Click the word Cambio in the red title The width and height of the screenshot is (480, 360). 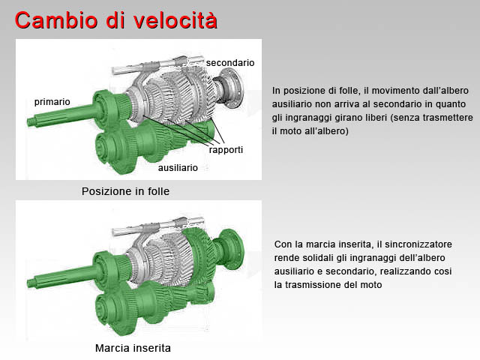pyautogui.click(x=56, y=20)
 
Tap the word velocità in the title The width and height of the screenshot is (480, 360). pyautogui.click(x=175, y=20)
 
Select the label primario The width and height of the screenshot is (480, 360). pyautogui.click(x=52, y=102)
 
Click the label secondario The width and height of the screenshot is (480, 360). pyautogui.click(x=230, y=63)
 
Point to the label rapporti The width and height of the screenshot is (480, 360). pyautogui.click(x=226, y=150)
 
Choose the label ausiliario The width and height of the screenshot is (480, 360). pyautogui.click(x=178, y=168)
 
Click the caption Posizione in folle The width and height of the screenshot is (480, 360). pyautogui.click(x=125, y=191)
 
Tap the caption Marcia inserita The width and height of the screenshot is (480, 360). pyautogui.click(x=133, y=348)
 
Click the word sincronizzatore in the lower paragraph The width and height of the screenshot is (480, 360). pyautogui.click(x=418, y=244)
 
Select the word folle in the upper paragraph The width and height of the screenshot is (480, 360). pyautogui.click(x=348, y=91)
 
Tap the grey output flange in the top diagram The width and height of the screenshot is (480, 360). pyautogui.click(x=232, y=88)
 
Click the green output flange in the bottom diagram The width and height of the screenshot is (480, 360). pyautogui.click(x=232, y=249)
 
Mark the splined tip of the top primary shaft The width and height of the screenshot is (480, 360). pyautogui.click(x=31, y=121)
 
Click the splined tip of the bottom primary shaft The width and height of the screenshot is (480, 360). pyautogui.click(x=31, y=283)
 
